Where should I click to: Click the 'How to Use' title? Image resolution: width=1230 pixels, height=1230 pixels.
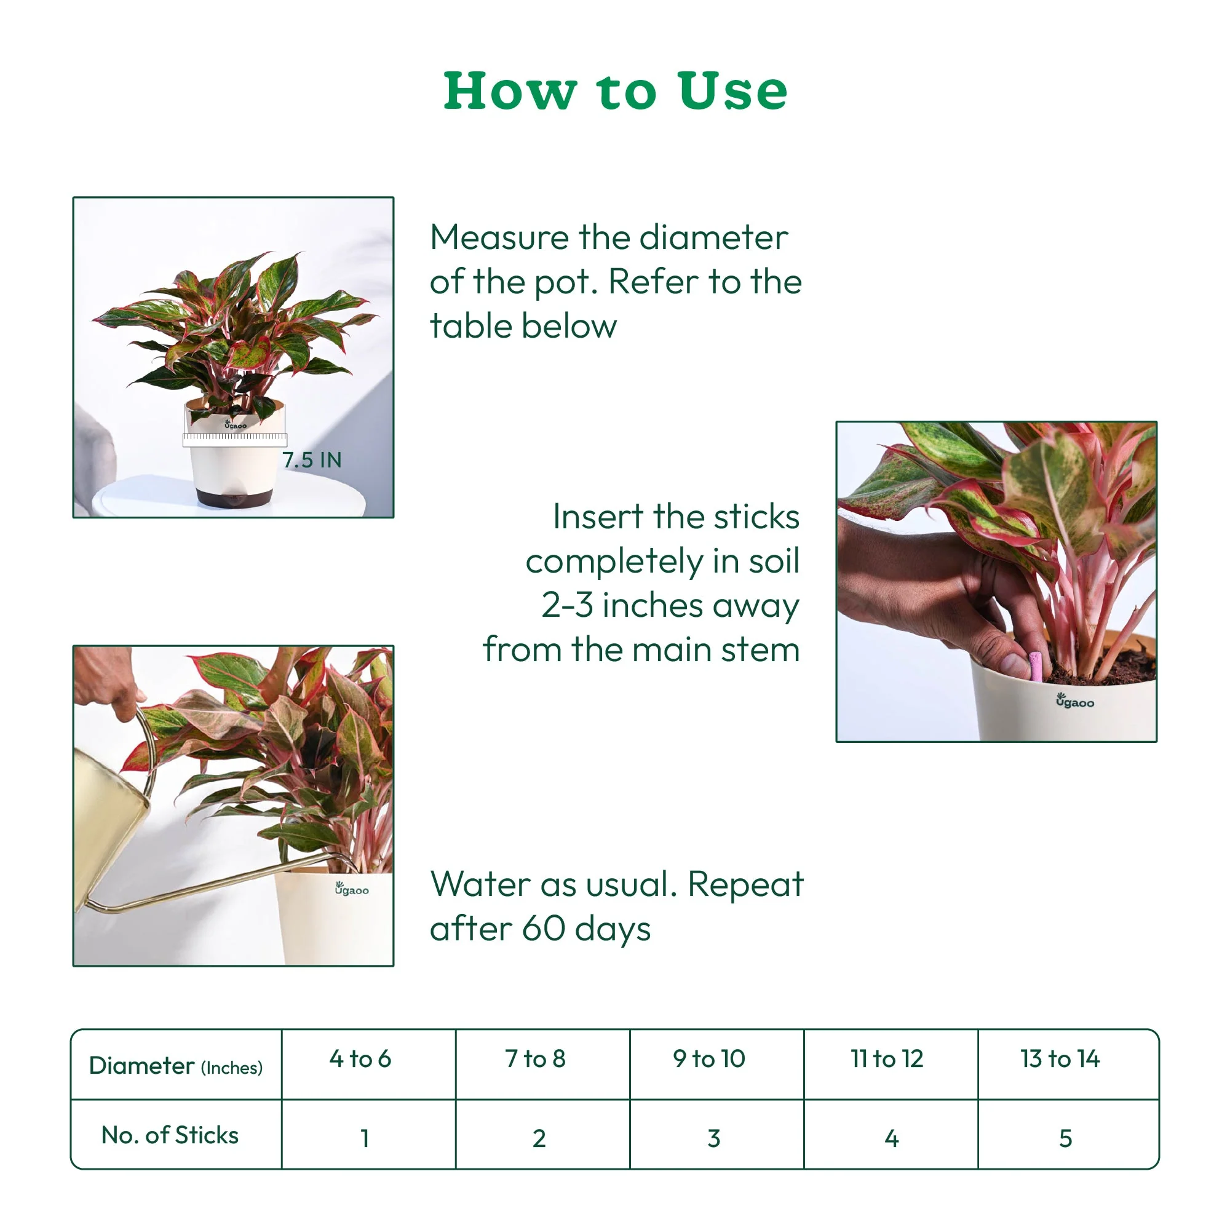click(x=615, y=91)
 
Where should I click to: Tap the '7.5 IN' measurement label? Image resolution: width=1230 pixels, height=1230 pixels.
click(x=312, y=459)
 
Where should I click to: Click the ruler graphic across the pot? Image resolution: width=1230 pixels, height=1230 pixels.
click(x=234, y=438)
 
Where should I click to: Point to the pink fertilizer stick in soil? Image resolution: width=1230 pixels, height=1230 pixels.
click(x=1035, y=665)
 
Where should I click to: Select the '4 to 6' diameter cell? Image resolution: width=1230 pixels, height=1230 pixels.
click(x=360, y=1059)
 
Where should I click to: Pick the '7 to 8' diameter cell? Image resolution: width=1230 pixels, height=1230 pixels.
click(x=536, y=1059)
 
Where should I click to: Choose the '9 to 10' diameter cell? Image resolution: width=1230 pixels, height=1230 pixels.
click(x=709, y=1059)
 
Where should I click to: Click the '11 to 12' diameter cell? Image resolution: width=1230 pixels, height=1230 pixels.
click(x=887, y=1059)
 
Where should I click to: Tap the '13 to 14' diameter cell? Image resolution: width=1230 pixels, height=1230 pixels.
click(x=1060, y=1059)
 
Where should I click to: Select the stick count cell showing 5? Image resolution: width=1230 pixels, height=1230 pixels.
click(x=1065, y=1138)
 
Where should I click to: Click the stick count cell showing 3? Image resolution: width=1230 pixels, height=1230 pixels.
click(x=713, y=1138)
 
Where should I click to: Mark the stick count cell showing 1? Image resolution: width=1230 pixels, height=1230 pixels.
click(x=365, y=1138)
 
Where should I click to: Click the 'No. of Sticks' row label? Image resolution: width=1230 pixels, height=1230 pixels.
click(x=170, y=1135)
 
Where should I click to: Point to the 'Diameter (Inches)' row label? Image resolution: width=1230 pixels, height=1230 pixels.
click(x=176, y=1066)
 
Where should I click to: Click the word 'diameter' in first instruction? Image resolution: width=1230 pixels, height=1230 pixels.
click(x=713, y=238)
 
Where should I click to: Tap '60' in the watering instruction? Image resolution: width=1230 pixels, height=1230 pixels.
click(x=543, y=929)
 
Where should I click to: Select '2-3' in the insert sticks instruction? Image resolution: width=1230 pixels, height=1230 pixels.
click(x=567, y=605)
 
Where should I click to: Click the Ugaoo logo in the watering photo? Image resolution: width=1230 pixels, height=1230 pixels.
click(x=351, y=889)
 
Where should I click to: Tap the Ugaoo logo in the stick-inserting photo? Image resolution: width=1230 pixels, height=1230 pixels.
click(x=1074, y=702)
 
